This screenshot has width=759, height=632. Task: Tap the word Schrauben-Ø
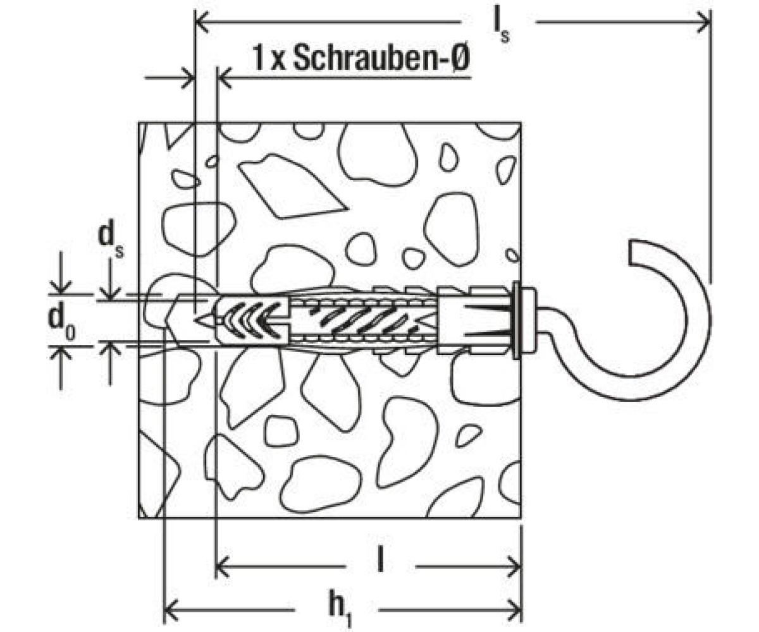coord(381,58)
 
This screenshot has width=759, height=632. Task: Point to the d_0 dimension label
coord(62,322)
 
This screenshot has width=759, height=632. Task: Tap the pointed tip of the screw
coord(194,320)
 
